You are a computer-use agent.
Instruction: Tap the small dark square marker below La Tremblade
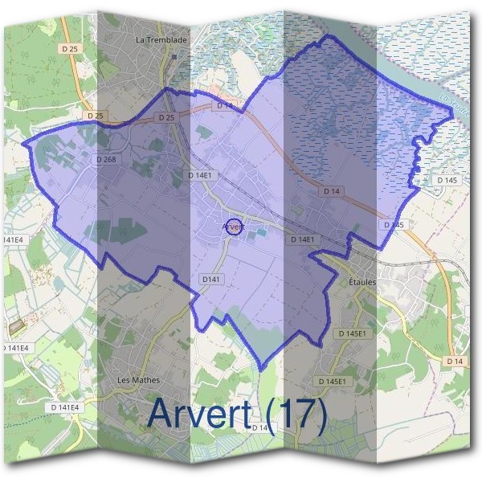pyautogui.click(x=174, y=56)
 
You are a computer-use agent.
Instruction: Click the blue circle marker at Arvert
pyautogui.click(x=233, y=227)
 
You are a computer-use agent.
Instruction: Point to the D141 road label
pyautogui.click(x=210, y=278)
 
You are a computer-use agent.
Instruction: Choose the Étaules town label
pyautogui.click(x=363, y=282)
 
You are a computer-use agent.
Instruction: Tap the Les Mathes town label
pyautogui.click(x=139, y=380)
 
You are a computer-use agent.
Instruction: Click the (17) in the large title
pyautogui.click(x=296, y=415)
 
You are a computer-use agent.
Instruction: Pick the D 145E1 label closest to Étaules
pyautogui.click(x=353, y=333)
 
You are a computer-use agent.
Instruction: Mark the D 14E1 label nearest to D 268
pyautogui.click(x=199, y=174)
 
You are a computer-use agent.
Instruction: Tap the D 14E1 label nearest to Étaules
pyautogui.click(x=302, y=239)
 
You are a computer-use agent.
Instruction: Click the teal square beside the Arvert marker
pyautogui.click(x=260, y=232)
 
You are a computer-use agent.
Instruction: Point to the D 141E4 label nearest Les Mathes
pyautogui.click(x=66, y=407)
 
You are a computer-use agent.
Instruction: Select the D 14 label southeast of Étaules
pyautogui.click(x=453, y=362)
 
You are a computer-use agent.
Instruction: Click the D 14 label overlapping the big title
pyautogui.click(x=259, y=427)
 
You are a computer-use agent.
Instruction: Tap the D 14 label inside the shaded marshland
pyautogui.click(x=333, y=191)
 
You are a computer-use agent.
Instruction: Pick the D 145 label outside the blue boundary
pyautogui.click(x=447, y=180)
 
